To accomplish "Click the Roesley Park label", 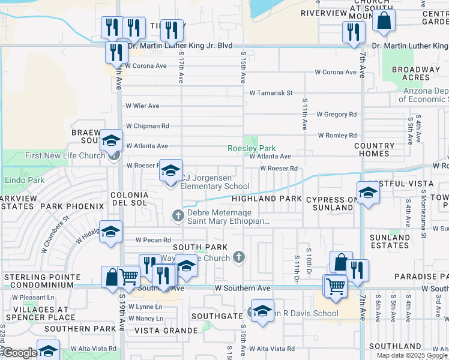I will point(252,148).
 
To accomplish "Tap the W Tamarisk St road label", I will point(271,93).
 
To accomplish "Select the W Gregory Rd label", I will point(336,114).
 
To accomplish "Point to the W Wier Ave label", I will point(142,106).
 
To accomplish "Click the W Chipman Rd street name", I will point(147,126).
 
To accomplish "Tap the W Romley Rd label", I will point(337,136).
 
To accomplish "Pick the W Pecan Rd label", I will point(153,240).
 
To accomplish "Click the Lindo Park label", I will point(25,180).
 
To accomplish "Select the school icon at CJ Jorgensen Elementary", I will point(170,170).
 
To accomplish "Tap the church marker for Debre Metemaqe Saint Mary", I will point(178,215).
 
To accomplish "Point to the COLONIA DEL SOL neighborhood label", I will point(129,199).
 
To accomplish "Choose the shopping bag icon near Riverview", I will point(384,20).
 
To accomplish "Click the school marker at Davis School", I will point(262,312).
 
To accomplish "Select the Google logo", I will point(20,353).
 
